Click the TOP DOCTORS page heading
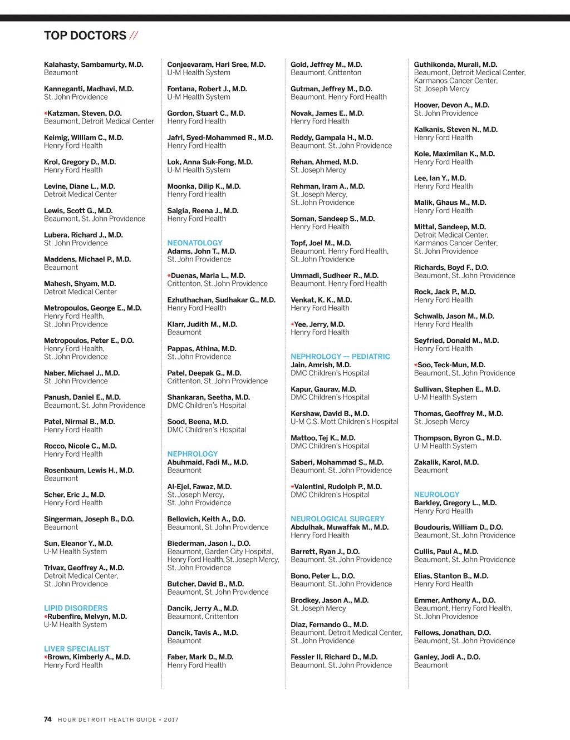[x=85, y=36]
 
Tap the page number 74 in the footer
[x=48, y=719]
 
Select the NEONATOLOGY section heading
[x=195, y=243]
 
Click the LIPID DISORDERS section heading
[x=76, y=609]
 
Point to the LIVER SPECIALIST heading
[x=77, y=649]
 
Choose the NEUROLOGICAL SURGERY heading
[x=337, y=519]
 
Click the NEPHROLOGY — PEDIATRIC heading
[x=340, y=357]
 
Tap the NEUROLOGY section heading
[x=436, y=495]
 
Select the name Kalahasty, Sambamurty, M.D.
[x=94, y=65]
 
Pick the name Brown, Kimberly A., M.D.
[x=89, y=657]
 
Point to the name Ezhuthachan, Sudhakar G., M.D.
[x=221, y=300]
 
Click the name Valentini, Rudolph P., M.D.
[x=338, y=487]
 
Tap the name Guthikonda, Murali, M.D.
[x=455, y=65]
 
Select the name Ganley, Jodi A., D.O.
[x=446, y=657]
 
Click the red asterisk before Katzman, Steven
[x=46, y=114]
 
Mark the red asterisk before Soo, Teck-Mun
[x=416, y=366]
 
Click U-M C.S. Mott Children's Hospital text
[x=344, y=422]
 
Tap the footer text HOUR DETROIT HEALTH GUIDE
[x=107, y=720]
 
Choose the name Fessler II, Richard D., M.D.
[x=333, y=657]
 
